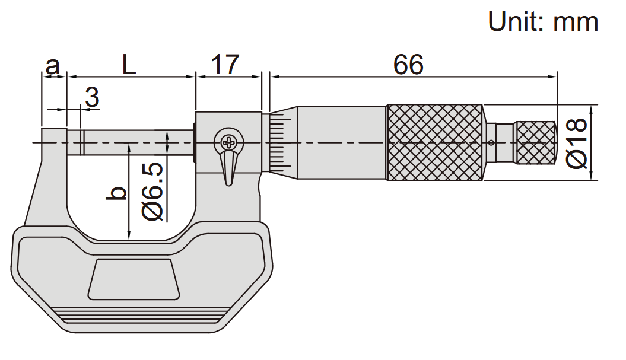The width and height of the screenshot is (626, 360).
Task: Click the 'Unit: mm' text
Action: (543, 21)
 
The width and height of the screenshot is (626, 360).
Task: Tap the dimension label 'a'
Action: (52, 66)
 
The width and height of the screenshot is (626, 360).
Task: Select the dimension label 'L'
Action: (129, 64)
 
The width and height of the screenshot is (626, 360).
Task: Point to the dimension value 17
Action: (225, 64)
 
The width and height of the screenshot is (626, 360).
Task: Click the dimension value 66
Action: (408, 64)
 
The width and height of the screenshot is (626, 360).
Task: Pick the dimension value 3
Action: (92, 97)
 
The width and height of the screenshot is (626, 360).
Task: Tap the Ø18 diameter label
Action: (577, 143)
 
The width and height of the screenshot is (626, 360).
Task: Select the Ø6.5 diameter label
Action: (152, 191)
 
